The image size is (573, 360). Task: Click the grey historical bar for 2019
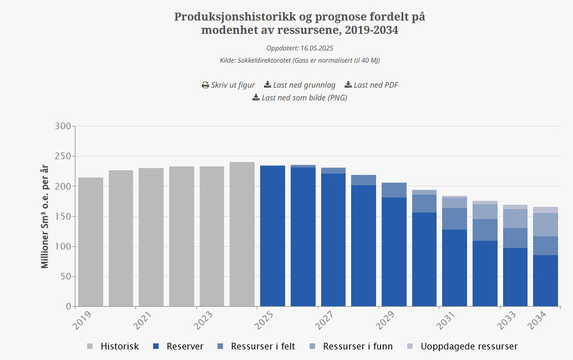[90, 242]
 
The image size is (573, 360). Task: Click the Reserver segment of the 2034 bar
[545, 281]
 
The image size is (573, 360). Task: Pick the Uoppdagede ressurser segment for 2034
[545, 210]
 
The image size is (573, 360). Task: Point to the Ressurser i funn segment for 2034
[545, 225]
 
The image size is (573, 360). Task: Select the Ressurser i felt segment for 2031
[454, 219]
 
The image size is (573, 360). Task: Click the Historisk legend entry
[113, 346]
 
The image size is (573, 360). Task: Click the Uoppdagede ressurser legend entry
[463, 346]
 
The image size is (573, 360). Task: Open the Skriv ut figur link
[228, 85]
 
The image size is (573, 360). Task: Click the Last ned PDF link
[371, 85]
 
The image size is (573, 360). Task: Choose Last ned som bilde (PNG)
[300, 98]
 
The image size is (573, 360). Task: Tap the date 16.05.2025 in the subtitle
[317, 48]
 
